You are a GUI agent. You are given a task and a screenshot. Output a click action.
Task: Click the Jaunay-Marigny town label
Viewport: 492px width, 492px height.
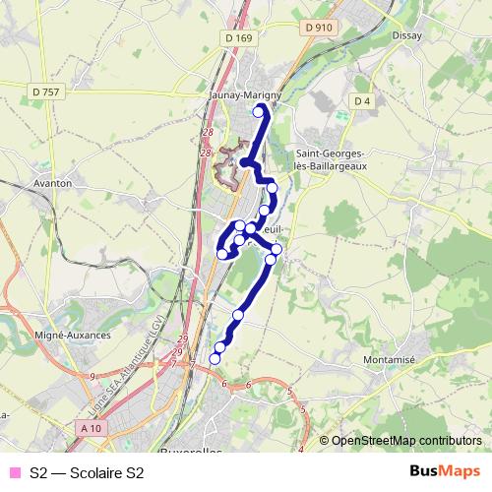247,96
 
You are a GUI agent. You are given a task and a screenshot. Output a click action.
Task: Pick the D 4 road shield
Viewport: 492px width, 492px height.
361,101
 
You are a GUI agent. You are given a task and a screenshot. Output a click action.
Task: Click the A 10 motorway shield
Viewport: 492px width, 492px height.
92,428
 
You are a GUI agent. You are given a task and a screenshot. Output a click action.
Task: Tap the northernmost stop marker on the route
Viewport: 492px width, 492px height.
260,112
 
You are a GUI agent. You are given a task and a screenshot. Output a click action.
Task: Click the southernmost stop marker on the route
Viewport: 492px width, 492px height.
215,359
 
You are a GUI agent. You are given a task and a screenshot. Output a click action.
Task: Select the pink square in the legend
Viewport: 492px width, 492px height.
14,473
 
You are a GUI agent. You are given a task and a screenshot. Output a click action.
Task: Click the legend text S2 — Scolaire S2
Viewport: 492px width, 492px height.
87,473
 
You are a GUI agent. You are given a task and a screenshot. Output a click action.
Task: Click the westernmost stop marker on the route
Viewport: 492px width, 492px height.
222,254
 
